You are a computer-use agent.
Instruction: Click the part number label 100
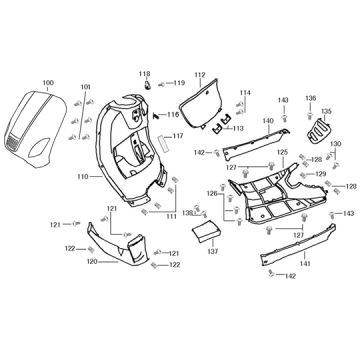click(x=48, y=82)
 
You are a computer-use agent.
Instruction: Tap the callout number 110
click(x=82, y=179)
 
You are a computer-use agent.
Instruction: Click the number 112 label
click(x=199, y=75)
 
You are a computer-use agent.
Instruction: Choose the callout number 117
click(x=178, y=137)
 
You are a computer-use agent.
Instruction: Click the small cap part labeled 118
click(x=145, y=84)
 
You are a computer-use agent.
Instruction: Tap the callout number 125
click(x=282, y=152)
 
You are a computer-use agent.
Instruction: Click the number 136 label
click(x=310, y=98)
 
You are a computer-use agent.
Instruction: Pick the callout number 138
click(x=185, y=213)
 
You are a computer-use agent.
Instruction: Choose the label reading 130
click(x=336, y=144)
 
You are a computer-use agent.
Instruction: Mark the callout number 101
click(x=85, y=87)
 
